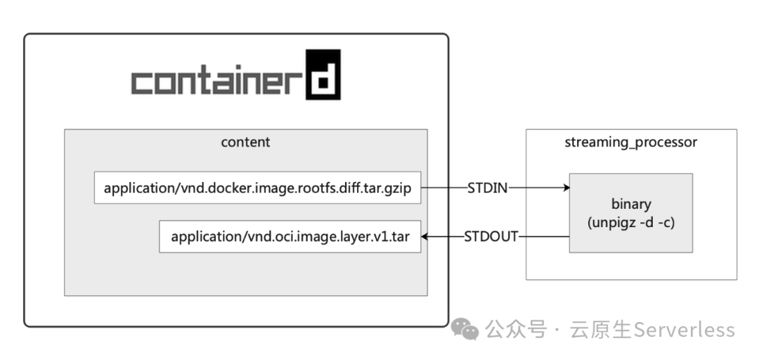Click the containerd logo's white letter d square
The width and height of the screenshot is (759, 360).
pos(323,74)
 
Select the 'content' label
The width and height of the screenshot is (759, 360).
pos(245,142)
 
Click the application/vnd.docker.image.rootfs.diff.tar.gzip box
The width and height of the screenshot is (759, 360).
pos(257,188)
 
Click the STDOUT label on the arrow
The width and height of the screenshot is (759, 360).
pos(491,237)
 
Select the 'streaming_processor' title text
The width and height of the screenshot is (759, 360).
pos(630,143)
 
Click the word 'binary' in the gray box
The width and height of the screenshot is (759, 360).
pos(630,205)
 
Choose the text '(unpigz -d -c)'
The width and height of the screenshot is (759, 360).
pos(630,221)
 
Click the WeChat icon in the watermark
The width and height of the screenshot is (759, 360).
pos(465,329)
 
